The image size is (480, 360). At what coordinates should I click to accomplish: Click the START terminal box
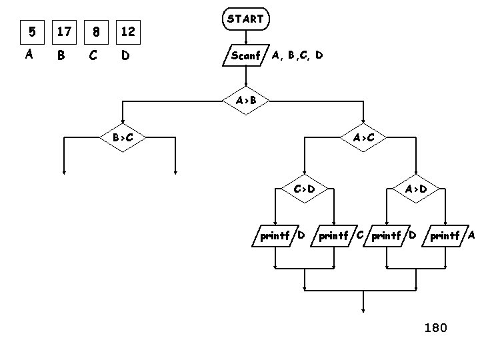coord(245,20)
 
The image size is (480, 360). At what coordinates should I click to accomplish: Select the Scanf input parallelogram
coord(245,55)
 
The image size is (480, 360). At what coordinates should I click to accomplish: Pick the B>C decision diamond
coord(123,138)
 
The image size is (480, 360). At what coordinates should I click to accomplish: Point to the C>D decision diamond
coord(304,189)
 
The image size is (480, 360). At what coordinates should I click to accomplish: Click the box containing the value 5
coord(29,31)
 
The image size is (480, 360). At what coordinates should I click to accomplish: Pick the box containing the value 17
coord(64,31)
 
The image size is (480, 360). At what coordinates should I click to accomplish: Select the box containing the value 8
coord(97,31)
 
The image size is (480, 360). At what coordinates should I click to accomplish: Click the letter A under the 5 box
coord(29,55)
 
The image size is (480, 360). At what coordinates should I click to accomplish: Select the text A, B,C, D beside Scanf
coord(297,55)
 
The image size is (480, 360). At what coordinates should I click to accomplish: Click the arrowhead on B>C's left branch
coord(64,171)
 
